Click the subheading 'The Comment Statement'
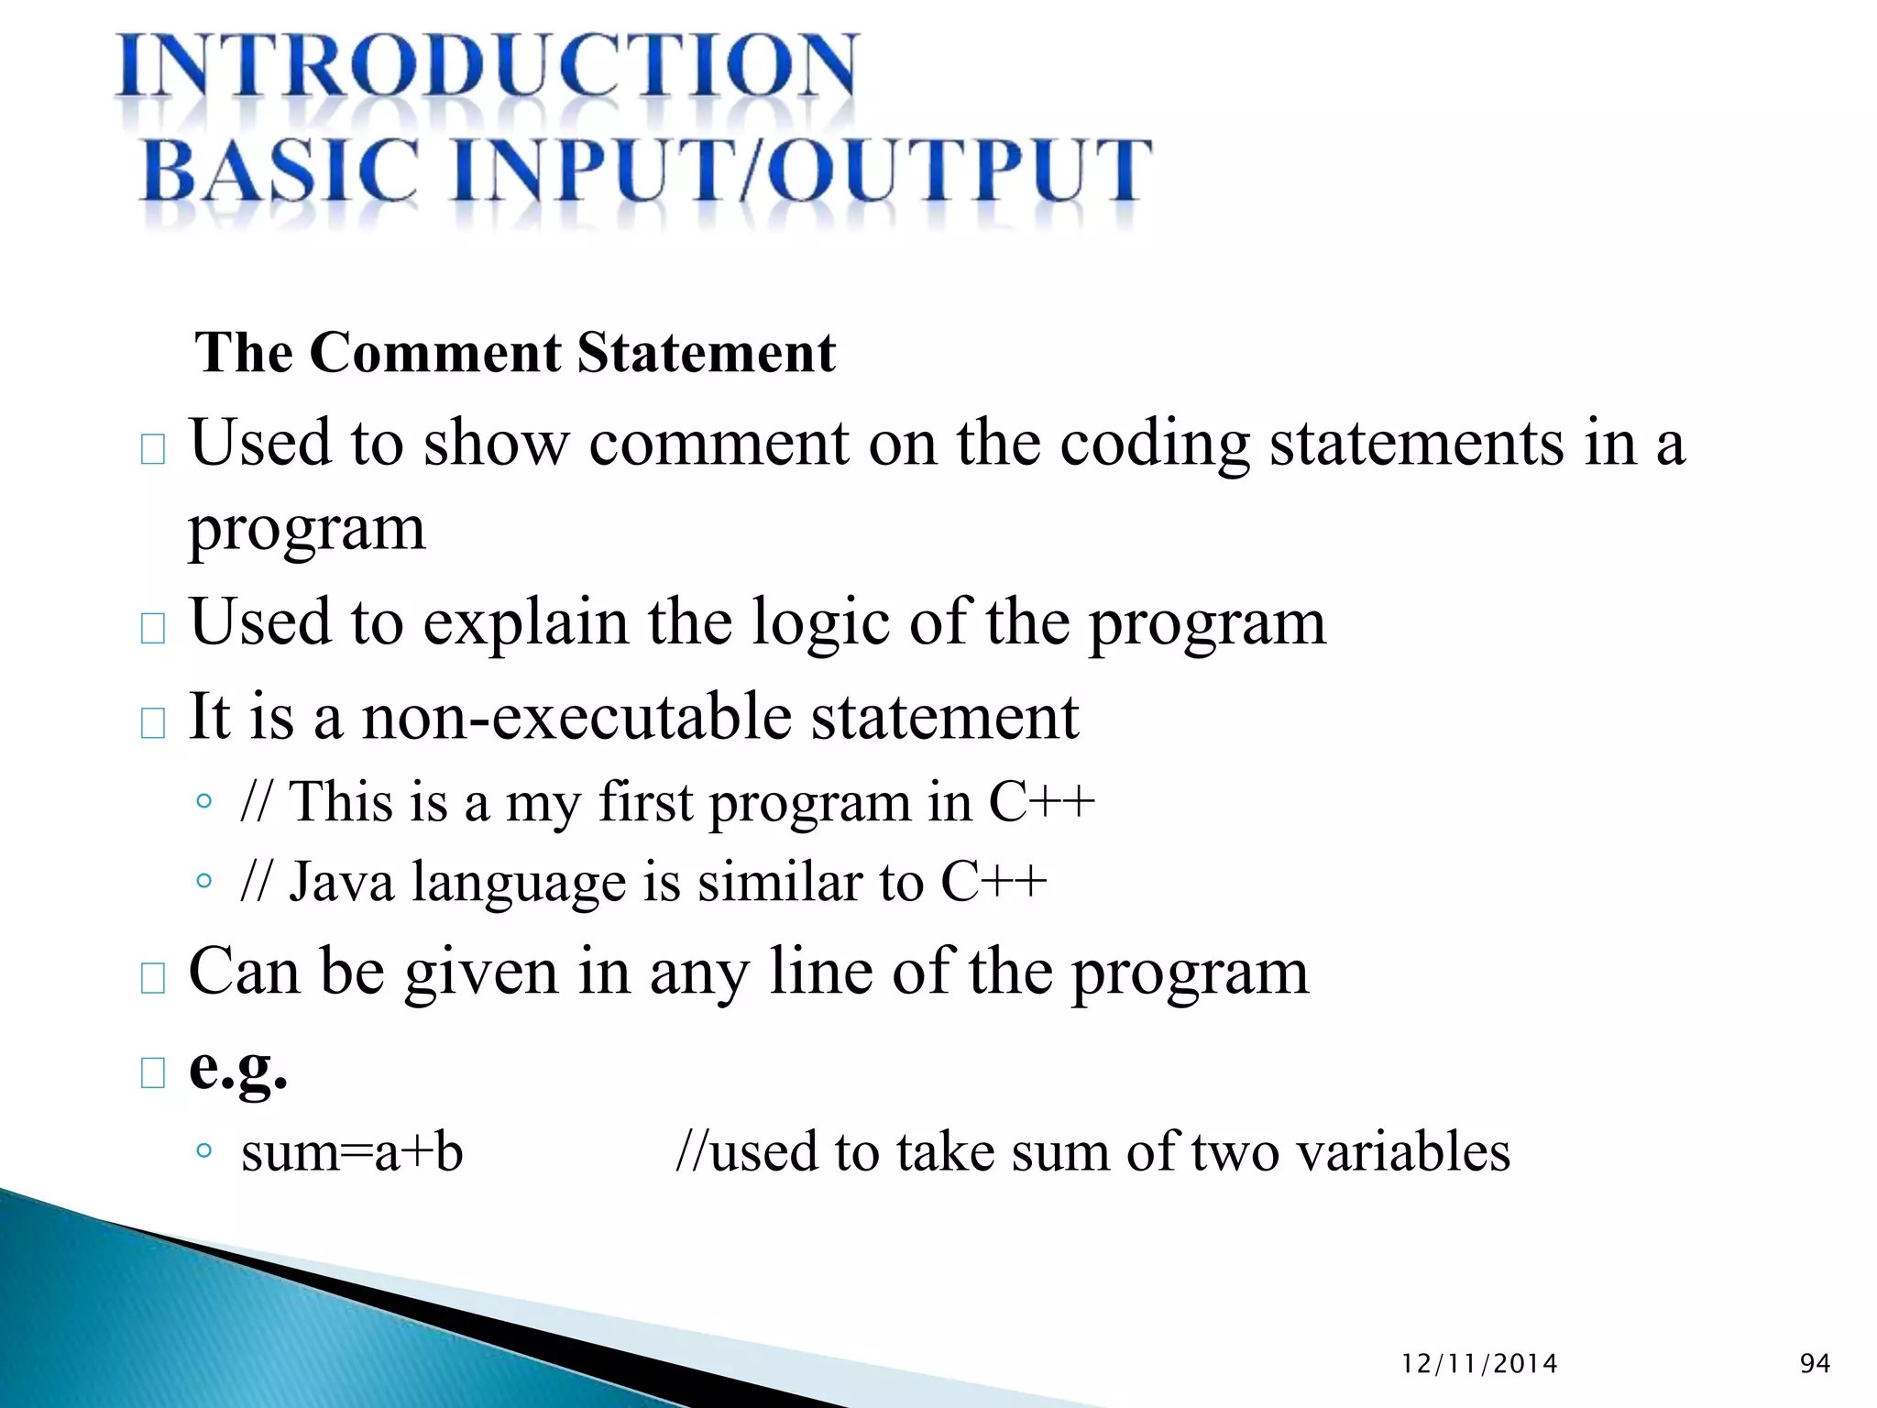pyautogui.click(x=515, y=353)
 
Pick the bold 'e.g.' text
pyautogui.click(x=238, y=1068)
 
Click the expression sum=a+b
pyautogui.click(x=352, y=1151)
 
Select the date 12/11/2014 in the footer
pyautogui.click(x=1479, y=1364)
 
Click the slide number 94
pyautogui.click(x=1815, y=1364)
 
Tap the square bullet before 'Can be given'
pyautogui.click(x=153, y=978)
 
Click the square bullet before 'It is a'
pyautogui.click(x=153, y=723)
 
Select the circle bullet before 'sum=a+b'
pyautogui.click(x=204, y=1150)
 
